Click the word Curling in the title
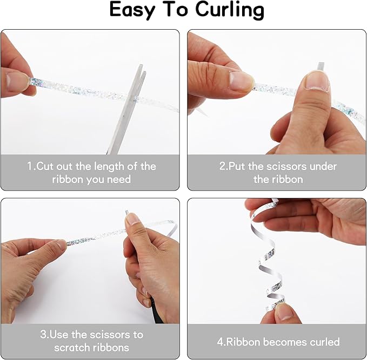pyautogui.click(x=229, y=10)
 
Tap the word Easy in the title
pyautogui.click(x=132, y=10)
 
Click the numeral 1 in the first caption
pyautogui.click(x=30, y=166)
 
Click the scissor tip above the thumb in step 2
pyautogui.click(x=321, y=66)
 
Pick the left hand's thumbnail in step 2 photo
pyautogui.click(x=241, y=80)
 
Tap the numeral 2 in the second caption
pyautogui.click(x=222, y=166)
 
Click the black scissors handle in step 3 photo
pyautogui.click(x=157, y=310)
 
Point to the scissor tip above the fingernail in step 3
pyautogui.click(x=127, y=213)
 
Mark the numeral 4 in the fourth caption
pyautogui.click(x=220, y=342)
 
